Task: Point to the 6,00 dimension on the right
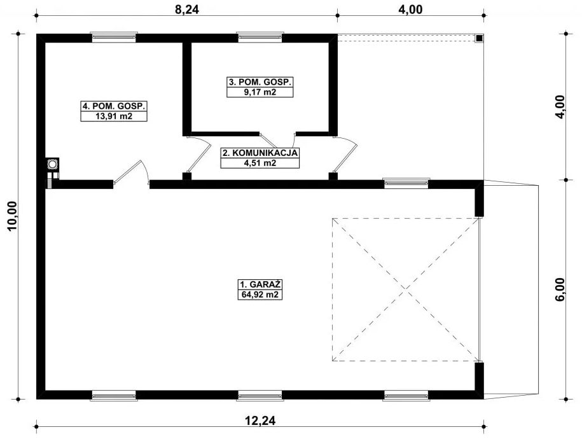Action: (560, 291)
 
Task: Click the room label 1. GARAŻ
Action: (260, 285)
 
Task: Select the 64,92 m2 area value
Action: (260, 295)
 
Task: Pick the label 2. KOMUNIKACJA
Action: (260, 153)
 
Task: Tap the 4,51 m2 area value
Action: (260, 163)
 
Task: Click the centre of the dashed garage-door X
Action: (405, 290)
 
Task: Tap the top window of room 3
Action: (260, 37)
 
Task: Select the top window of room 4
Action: (114, 37)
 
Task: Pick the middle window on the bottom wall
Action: (260, 396)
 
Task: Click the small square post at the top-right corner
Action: (478, 38)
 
